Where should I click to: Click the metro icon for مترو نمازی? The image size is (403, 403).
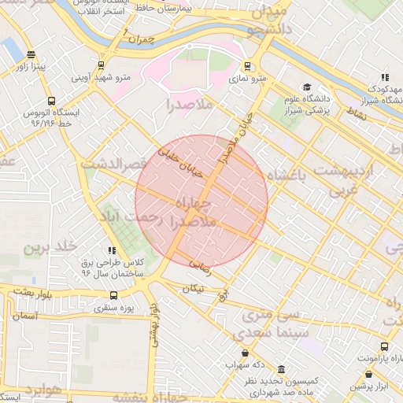click(248, 67)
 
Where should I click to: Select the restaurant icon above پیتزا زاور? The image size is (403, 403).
click(31, 55)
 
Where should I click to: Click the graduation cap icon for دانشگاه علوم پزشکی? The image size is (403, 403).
click(306, 87)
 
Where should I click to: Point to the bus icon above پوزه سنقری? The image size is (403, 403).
click(113, 296)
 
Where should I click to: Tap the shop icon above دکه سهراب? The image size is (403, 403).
click(245, 353)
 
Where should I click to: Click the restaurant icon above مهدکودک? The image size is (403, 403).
click(384, 77)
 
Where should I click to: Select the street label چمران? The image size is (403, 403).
click(142, 39)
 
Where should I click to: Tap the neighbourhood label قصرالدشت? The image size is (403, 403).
click(114, 164)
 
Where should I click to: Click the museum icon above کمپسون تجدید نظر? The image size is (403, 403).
click(282, 369)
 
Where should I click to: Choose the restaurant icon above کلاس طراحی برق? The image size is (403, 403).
click(111, 250)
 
